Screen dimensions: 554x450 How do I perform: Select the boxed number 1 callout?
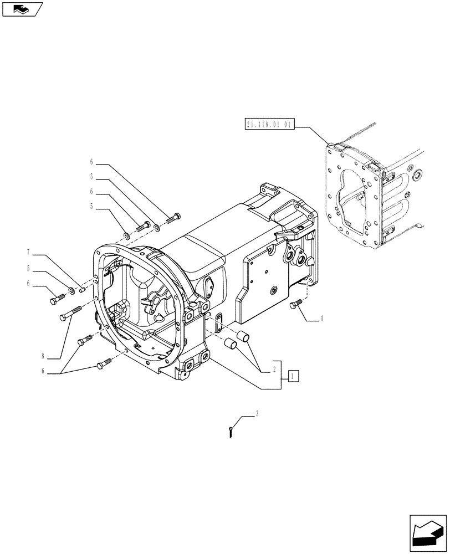coord(293,376)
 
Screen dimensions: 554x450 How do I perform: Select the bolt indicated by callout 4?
coord(295,303)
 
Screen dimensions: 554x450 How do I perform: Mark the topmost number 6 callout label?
coord(91,162)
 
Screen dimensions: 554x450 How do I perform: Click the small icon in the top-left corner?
coord(22,9)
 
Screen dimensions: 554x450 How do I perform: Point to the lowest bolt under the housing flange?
coord(104,363)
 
